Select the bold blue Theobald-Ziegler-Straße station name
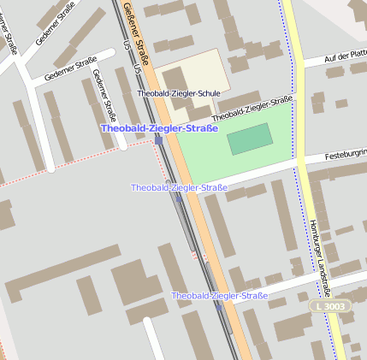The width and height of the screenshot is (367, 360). [159, 128]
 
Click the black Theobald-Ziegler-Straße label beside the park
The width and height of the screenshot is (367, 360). [252, 109]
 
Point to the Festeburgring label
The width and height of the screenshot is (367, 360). [346, 155]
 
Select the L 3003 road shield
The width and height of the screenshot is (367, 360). [330, 306]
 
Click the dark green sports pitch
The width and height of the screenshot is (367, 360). [250, 139]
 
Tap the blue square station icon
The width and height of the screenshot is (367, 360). [158, 139]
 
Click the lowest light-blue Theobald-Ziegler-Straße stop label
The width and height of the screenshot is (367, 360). [219, 296]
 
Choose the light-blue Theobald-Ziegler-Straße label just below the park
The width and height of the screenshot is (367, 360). [179, 187]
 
